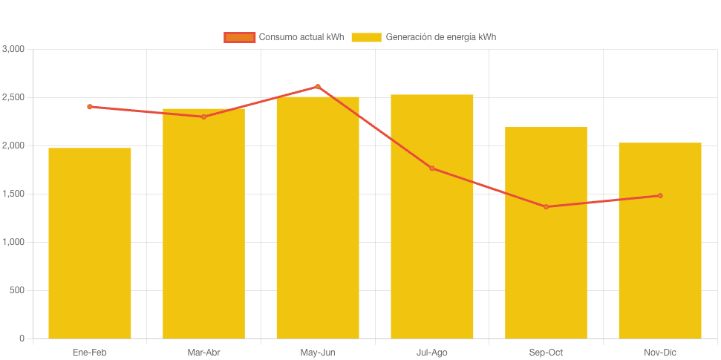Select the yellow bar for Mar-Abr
[x=203, y=223]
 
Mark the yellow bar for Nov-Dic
[x=660, y=240]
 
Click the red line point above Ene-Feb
[x=90, y=107]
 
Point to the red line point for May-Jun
[x=318, y=87]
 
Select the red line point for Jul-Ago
[x=432, y=168]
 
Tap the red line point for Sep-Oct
[x=546, y=207]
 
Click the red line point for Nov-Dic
[x=660, y=196]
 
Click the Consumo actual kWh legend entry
[x=284, y=37]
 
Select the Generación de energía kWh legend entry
[x=424, y=37]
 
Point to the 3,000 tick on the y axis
[x=13, y=49]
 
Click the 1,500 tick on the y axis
[x=13, y=194]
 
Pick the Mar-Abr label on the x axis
[x=203, y=353]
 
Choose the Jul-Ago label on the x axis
[x=432, y=353]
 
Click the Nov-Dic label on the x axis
[x=660, y=353]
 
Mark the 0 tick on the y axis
[x=22, y=338]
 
